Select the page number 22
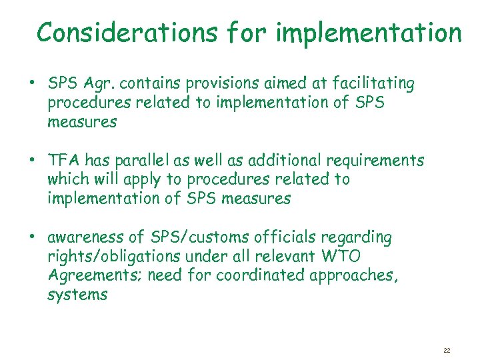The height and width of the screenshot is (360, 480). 447,349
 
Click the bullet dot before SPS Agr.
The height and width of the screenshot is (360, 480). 31,85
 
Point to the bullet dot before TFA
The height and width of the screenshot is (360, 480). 31,161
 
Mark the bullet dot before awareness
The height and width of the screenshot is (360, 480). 31,238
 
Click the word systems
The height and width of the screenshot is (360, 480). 77,295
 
